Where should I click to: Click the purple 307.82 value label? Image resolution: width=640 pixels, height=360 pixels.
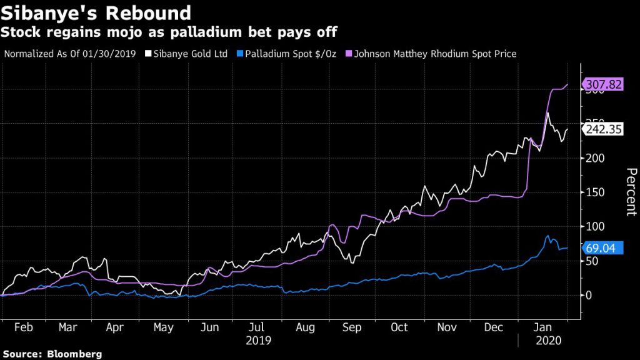pyautogui.click(x=603, y=84)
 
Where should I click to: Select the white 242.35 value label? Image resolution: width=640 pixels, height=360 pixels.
pyautogui.click(x=603, y=130)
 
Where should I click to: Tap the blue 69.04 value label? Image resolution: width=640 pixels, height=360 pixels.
pyautogui.click(x=601, y=248)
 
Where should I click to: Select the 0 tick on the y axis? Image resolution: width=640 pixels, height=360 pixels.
pyautogui.click(x=588, y=295)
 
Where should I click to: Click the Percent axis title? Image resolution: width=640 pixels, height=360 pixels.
pyautogui.click(x=631, y=192)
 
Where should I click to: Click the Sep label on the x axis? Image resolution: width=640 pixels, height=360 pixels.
pyautogui.click(x=352, y=327)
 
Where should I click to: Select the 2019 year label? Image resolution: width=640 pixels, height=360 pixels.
pyautogui.click(x=257, y=341)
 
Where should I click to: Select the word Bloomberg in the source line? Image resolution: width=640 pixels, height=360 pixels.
pyautogui.click(x=74, y=354)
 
